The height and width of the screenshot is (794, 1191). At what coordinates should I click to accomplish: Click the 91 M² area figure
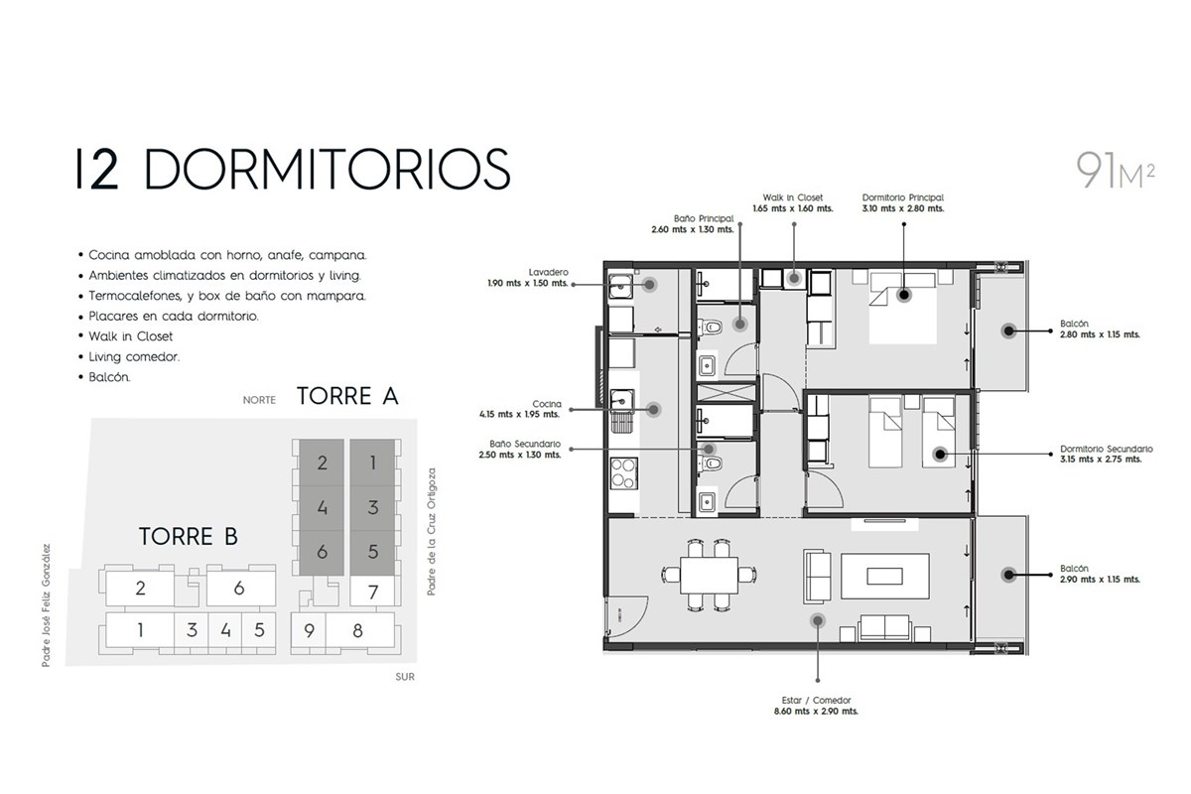point(1115,170)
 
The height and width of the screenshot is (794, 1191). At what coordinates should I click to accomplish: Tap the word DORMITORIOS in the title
point(328,169)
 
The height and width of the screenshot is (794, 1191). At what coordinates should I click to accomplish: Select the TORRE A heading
point(347,396)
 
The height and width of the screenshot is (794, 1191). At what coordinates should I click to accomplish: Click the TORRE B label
point(189,536)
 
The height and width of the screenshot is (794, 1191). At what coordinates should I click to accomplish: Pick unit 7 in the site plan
point(373,592)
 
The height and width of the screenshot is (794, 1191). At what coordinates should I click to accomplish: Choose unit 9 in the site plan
point(309,630)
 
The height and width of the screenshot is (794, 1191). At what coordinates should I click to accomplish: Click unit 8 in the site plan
point(358,630)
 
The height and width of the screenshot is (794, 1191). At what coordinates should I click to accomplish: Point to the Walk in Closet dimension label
point(793,203)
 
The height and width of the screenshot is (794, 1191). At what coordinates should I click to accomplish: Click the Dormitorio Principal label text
point(903,198)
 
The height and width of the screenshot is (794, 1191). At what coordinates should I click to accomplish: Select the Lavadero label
point(548,272)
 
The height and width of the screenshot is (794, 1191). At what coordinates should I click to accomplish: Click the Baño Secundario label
point(525,444)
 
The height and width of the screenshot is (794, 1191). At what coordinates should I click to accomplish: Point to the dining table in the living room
point(710,576)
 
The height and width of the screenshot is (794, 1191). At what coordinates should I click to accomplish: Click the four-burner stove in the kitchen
point(623,473)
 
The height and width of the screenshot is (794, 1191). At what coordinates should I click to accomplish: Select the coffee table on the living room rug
point(884,576)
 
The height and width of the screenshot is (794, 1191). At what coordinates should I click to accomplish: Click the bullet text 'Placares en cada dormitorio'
point(174,316)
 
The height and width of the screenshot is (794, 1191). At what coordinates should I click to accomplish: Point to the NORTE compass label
point(259,400)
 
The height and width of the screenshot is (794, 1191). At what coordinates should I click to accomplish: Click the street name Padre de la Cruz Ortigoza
point(431,531)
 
